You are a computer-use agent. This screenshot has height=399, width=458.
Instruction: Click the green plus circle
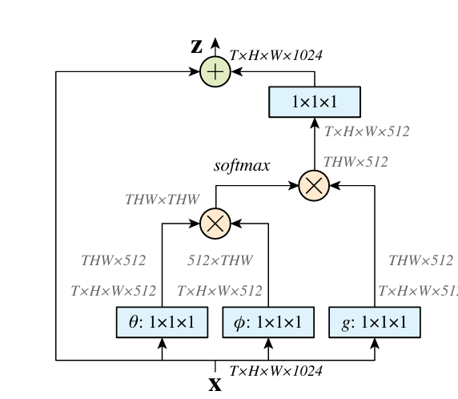click(x=215, y=71)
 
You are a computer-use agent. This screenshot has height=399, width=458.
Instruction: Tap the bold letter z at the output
click(x=197, y=46)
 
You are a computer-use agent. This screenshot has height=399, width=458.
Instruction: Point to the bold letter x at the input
click(x=215, y=385)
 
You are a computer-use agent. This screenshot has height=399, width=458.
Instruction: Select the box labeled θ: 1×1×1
click(x=162, y=322)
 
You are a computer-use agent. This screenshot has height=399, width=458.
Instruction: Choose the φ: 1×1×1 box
click(x=268, y=322)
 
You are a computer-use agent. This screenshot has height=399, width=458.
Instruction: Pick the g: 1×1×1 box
click(x=375, y=322)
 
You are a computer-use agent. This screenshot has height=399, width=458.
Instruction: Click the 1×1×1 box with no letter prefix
click(x=315, y=102)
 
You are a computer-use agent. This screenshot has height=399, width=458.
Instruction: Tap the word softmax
click(x=242, y=166)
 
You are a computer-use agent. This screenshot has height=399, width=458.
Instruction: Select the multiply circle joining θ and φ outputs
click(x=215, y=224)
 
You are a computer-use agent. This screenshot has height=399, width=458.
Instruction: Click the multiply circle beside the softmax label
click(x=314, y=186)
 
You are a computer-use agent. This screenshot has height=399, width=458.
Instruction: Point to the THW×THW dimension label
click(x=163, y=199)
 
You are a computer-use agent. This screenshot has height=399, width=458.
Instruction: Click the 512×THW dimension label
click(x=220, y=260)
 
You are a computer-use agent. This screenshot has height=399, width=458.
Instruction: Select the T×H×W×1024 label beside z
click(x=276, y=55)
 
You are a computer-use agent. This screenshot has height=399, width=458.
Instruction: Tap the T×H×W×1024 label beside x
click(x=276, y=371)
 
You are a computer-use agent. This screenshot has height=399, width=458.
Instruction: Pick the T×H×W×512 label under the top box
click(x=367, y=131)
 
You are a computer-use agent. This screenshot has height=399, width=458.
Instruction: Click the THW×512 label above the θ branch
click(x=114, y=260)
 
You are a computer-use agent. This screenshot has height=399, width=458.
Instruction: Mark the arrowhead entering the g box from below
click(x=375, y=343)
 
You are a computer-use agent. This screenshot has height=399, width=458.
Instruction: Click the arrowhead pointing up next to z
click(x=215, y=43)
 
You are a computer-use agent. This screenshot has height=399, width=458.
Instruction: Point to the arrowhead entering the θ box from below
click(x=162, y=343)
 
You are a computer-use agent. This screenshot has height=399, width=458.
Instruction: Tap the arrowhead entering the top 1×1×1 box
click(x=315, y=123)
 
